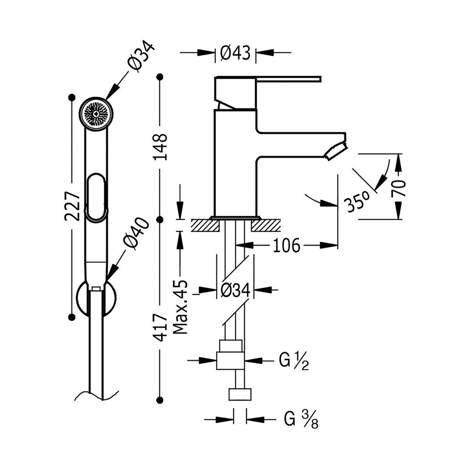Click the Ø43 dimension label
[x=236, y=53]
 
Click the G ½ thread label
[x=294, y=362]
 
